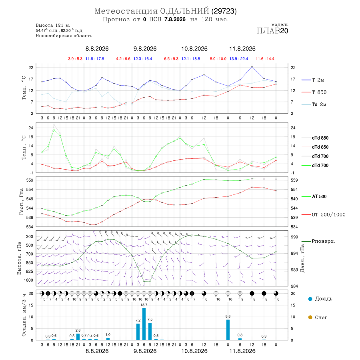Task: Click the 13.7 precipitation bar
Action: pos(144,324)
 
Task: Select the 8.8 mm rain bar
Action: pos(228,330)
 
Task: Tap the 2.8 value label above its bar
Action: pos(78,330)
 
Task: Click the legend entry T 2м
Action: pos(313,80)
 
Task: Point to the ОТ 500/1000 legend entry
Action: pos(324,215)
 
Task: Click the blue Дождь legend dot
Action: pos(310,299)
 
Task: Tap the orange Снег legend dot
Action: pos(310,317)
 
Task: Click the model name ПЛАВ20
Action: pos(272,31)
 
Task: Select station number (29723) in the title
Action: pos(224,11)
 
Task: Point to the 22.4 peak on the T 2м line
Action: pos(252,67)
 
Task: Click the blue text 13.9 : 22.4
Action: pos(239,59)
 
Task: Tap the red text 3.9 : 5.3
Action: pos(75,59)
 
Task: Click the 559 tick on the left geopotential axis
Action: pos(30,180)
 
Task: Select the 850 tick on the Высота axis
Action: pos(29,263)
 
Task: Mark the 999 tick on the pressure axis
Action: pos(294,237)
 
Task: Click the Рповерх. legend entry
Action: pos(318,241)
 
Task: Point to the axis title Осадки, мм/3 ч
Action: pos(24,315)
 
